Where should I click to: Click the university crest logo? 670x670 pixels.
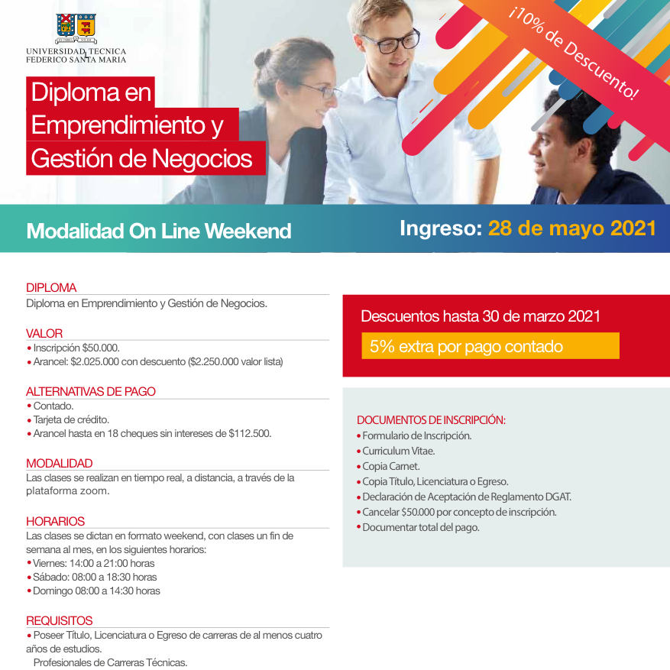click(x=76, y=28)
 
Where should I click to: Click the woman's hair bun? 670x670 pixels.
click(x=262, y=58)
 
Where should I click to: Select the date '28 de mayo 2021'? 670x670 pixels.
click(x=571, y=228)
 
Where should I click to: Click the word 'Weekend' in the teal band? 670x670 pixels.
click(x=248, y=231)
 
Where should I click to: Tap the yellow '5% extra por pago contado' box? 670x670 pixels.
click(x=490, y=345)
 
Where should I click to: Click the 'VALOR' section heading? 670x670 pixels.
click(x=44, y=333)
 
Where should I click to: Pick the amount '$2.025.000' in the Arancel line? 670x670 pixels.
click(x=95, y=362)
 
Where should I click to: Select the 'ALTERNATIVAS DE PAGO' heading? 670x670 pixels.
click(x=91, y=391)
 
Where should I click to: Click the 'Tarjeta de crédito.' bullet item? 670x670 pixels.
click(x=71, y=419)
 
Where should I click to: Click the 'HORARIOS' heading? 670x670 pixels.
click(x=55, y=521)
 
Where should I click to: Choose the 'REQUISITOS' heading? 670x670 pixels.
click(x=60, y=620)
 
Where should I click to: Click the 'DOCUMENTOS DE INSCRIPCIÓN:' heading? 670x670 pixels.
click(x=431, y=420)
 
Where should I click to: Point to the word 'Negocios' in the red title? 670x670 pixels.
click(x=202, y=159)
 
